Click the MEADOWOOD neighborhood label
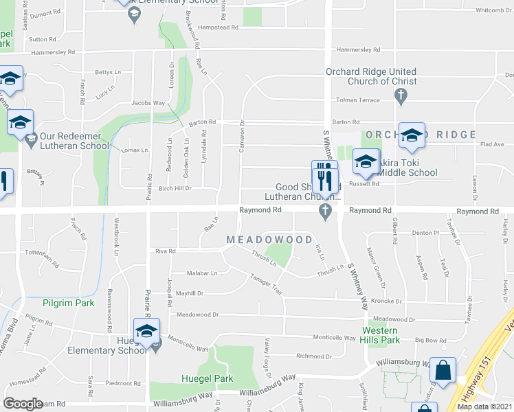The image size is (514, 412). pos(269,239)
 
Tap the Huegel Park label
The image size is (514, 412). pos(207,378)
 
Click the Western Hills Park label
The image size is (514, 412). pos(381,334)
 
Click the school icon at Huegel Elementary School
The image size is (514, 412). pos(146,331)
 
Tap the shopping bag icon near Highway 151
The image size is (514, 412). pos(443,371)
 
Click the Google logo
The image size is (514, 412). pos(23,404)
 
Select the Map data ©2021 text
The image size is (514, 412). pos(484,407)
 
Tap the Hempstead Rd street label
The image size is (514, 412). pos(217,27)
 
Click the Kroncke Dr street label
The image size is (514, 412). pos(385,301)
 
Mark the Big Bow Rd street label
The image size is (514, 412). pos(431,340)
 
